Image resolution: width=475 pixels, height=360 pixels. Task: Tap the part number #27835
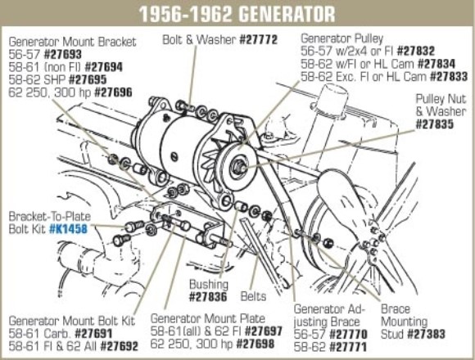441,124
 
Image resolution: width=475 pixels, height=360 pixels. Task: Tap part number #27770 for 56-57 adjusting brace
346,335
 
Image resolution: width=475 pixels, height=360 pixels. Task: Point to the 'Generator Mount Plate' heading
204,322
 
